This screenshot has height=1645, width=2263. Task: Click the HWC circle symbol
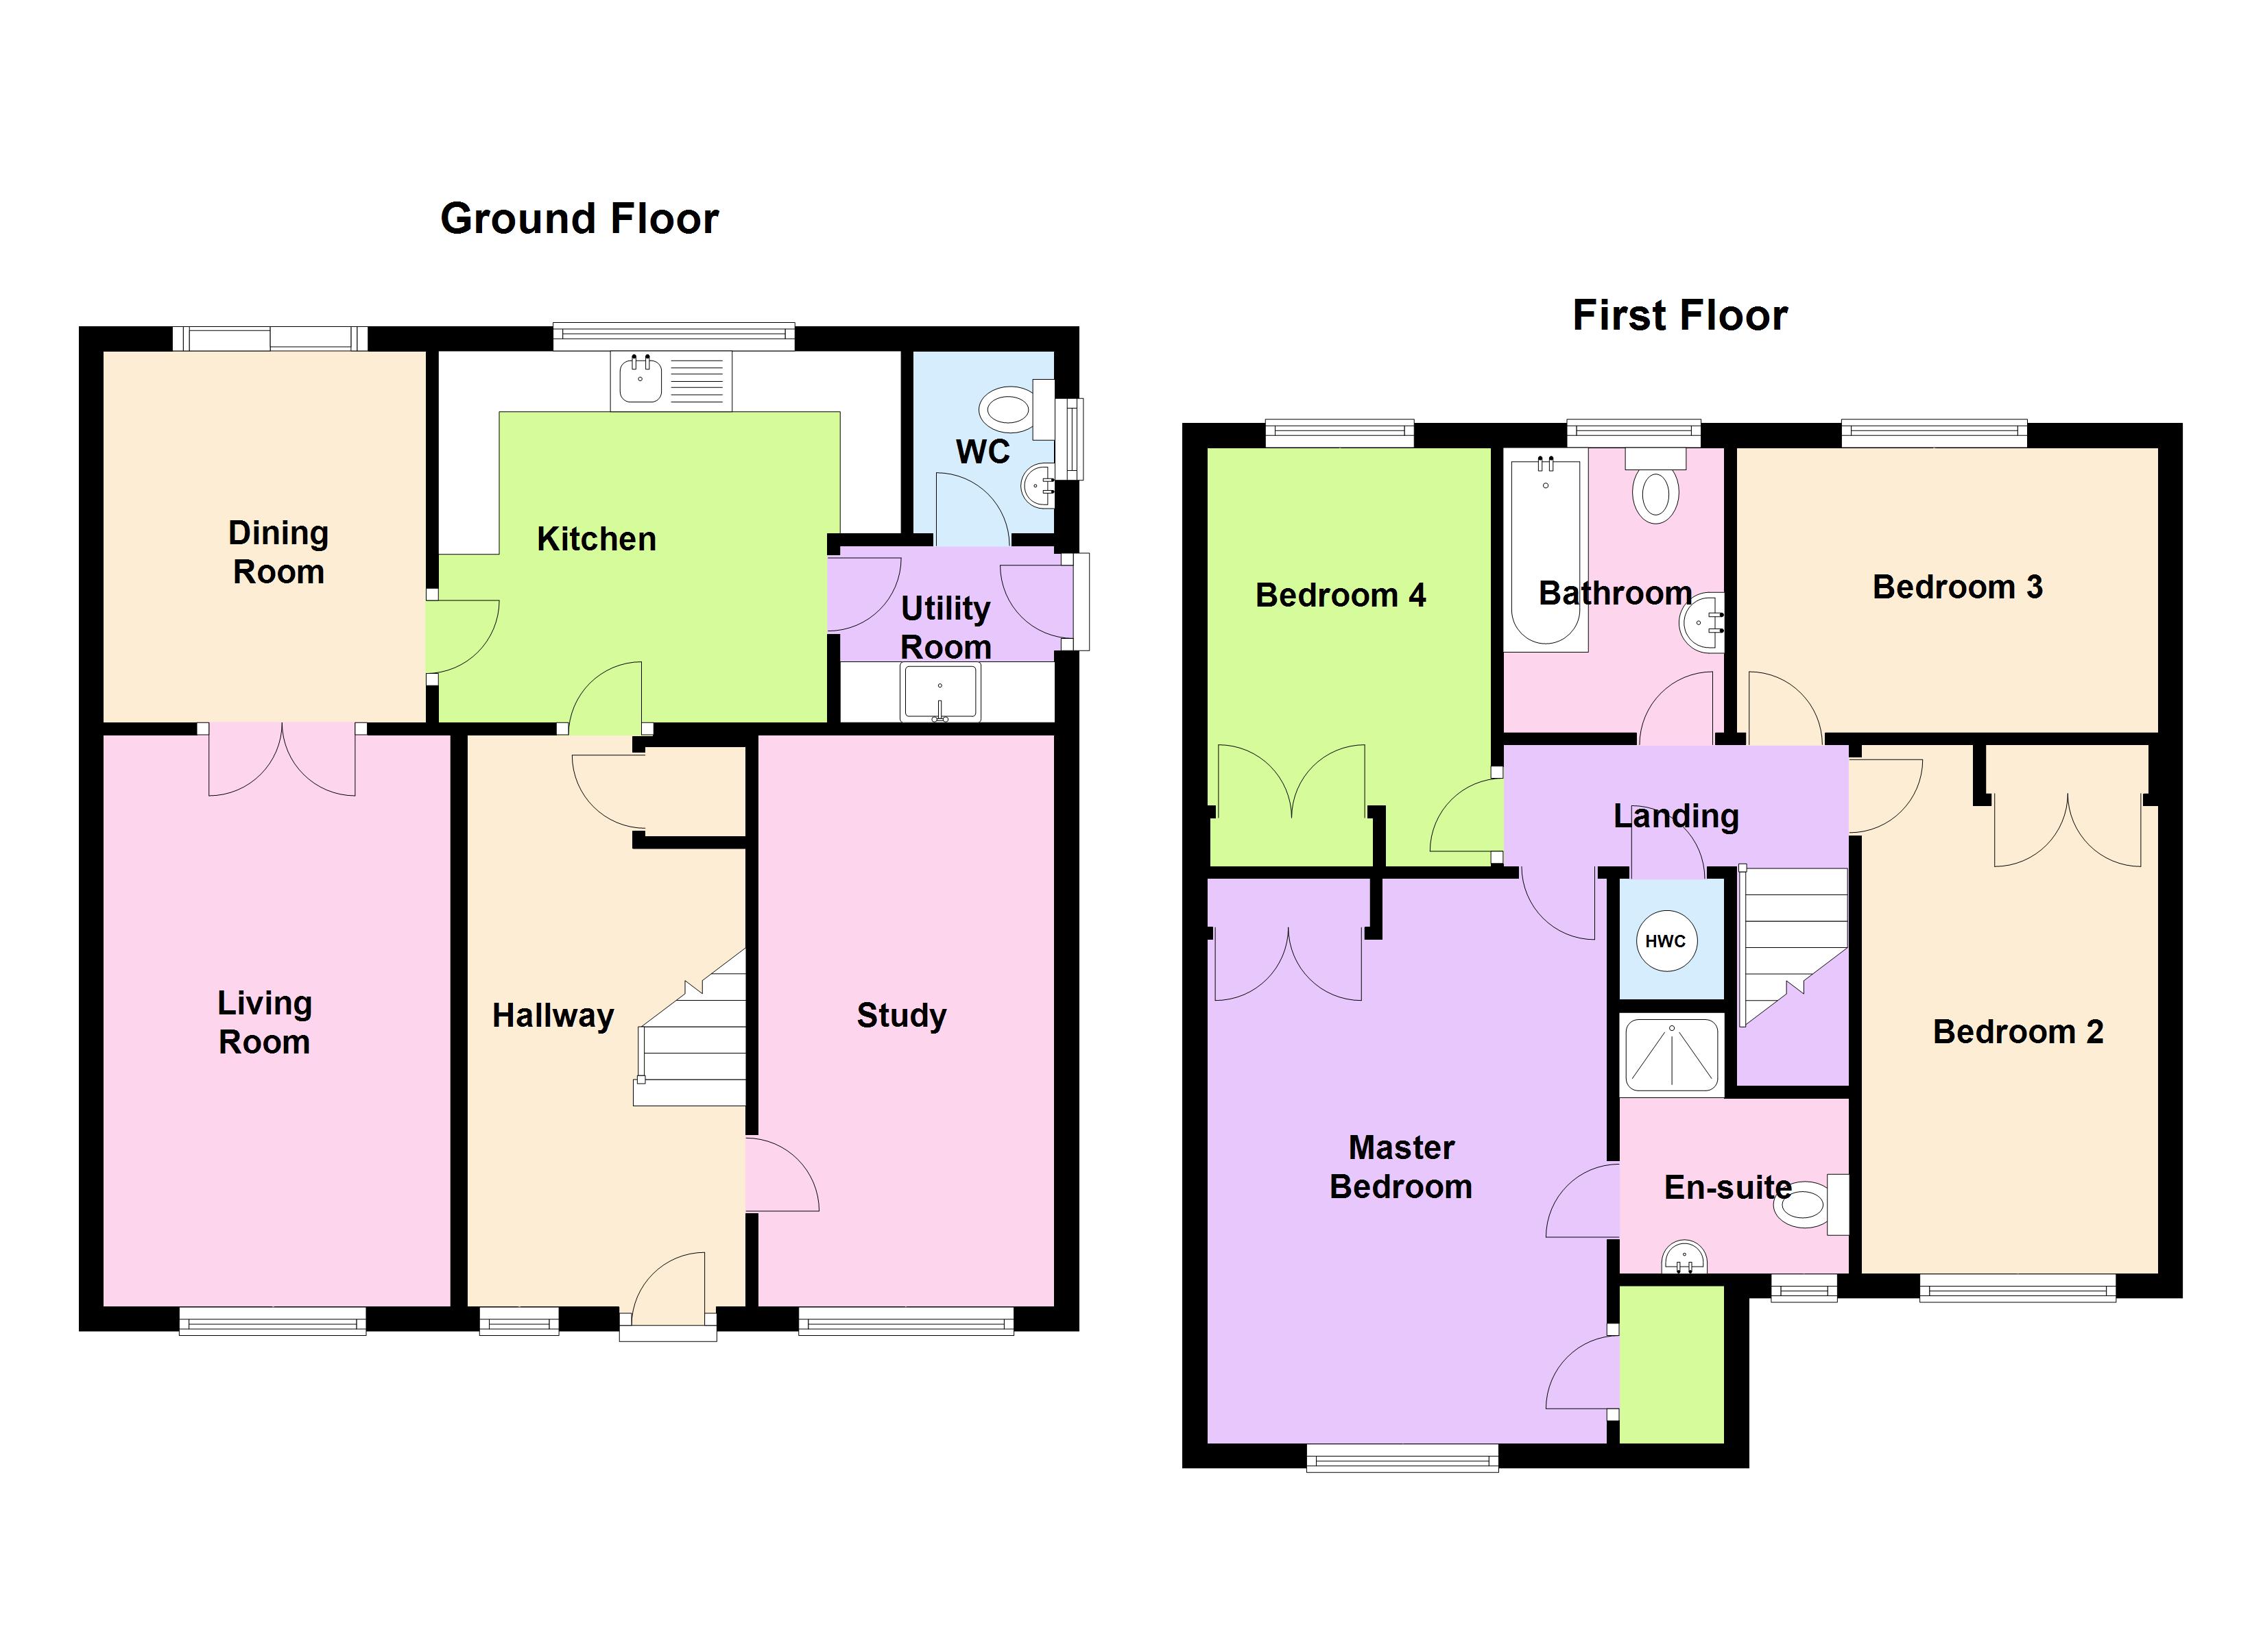point(1665,940)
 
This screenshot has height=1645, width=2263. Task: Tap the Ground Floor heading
point(579,219)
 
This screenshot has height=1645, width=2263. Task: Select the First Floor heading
point(1680,315)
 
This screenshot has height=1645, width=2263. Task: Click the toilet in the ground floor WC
point(1017,409)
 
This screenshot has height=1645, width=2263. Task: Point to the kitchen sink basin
point(640,380)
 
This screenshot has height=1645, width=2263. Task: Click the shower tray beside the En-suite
point(1671,1054)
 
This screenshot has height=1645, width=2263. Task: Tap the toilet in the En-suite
point(1811,1205)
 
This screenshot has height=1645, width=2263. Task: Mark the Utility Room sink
point(940,692)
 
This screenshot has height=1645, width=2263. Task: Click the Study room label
point(901,1016)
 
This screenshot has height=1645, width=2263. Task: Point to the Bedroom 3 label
point(1958,587)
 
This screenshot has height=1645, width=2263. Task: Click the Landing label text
point(1676,816)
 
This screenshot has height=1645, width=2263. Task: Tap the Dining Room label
point(278,552)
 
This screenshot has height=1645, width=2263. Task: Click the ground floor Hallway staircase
point(691,1027)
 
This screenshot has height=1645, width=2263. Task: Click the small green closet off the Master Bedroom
point(1671,1365)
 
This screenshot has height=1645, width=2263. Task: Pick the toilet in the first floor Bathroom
point(1655,486)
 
